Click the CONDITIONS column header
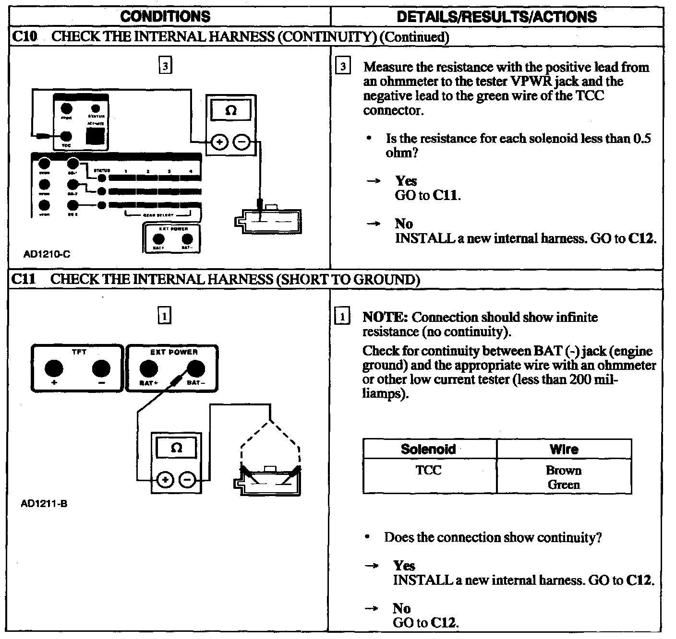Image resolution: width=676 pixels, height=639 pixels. pyautogui.click(x=165, y=17)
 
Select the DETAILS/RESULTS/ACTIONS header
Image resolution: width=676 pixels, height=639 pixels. pyautogui.click(x=496, y=17)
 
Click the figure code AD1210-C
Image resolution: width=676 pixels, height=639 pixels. pyautogui.click(x=47, y=254)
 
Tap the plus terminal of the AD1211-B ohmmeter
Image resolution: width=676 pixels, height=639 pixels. pyautogui.click(x=165, y=479)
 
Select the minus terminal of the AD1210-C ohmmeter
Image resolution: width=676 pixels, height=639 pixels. pyautogui.click(x=242, y=142)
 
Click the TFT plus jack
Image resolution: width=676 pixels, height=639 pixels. pyautogui.click(x=54, y=369)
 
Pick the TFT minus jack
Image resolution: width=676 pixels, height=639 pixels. pyautogui.click(x=101, y=369)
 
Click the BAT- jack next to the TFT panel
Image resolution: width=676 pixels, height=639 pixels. pyautogui.click(x=195, y=369)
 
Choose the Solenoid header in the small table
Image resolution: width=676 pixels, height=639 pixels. pyautogui.click(x=428, y=449)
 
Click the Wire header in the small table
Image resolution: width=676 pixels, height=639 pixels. pyautogui.click(x=564, y=449)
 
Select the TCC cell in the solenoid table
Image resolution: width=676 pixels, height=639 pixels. pyautogui.click(x=428, y=470)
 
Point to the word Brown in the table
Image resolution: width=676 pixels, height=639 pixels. pyautogui.click(x=564, y=470)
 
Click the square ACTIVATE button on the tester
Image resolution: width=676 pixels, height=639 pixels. pyautogui.click(x=95, y=136)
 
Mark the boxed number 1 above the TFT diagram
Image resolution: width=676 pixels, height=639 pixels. pyautogui.click(x=165, y=316)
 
